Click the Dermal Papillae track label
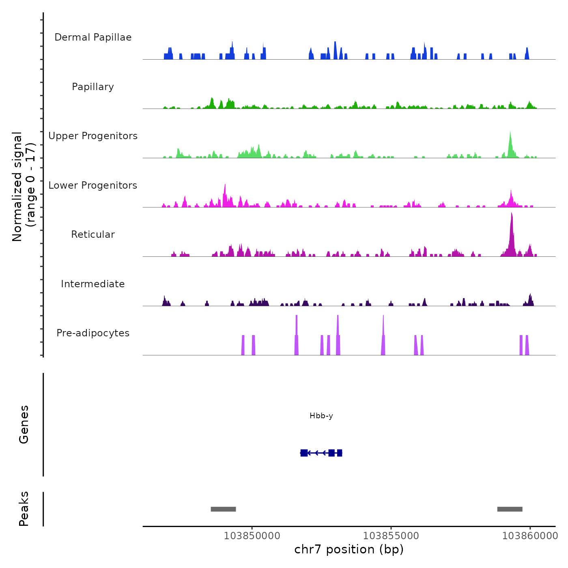pyautogui.click(x=93, y=37)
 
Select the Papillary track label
pyautogui.click(x=93, y=87)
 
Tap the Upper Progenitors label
pyautogui.click(x=93, y=136)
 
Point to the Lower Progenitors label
pyautogui.click(x=93, y=185)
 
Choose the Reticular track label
pyautogui.click(x=93, y=235)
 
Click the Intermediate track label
pyautogui.click(x=93, y=284)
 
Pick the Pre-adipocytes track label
pyautogui.click(x=93, y=333)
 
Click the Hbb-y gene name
pyautogui.click(x=321, y=416)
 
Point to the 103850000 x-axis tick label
pyautogui.click(x=252, y=536)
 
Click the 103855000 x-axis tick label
pyautogui.click(x=391, y=536)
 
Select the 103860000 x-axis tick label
pyautogui.click(x=530, y=536)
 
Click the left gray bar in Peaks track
pyautogui.click(x=223, y=509)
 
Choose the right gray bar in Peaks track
pyautogui.click(x=510, y=509)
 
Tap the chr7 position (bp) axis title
pyautogui.click(x=349, y=550)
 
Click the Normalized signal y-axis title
pyautogui.click(x=24, y=186)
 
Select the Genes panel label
pyautogui.click(x=24, y=424)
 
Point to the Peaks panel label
pyautogui.click(x=24, y=509)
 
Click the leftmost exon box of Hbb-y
pyautogui.click(x=304, y=453)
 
